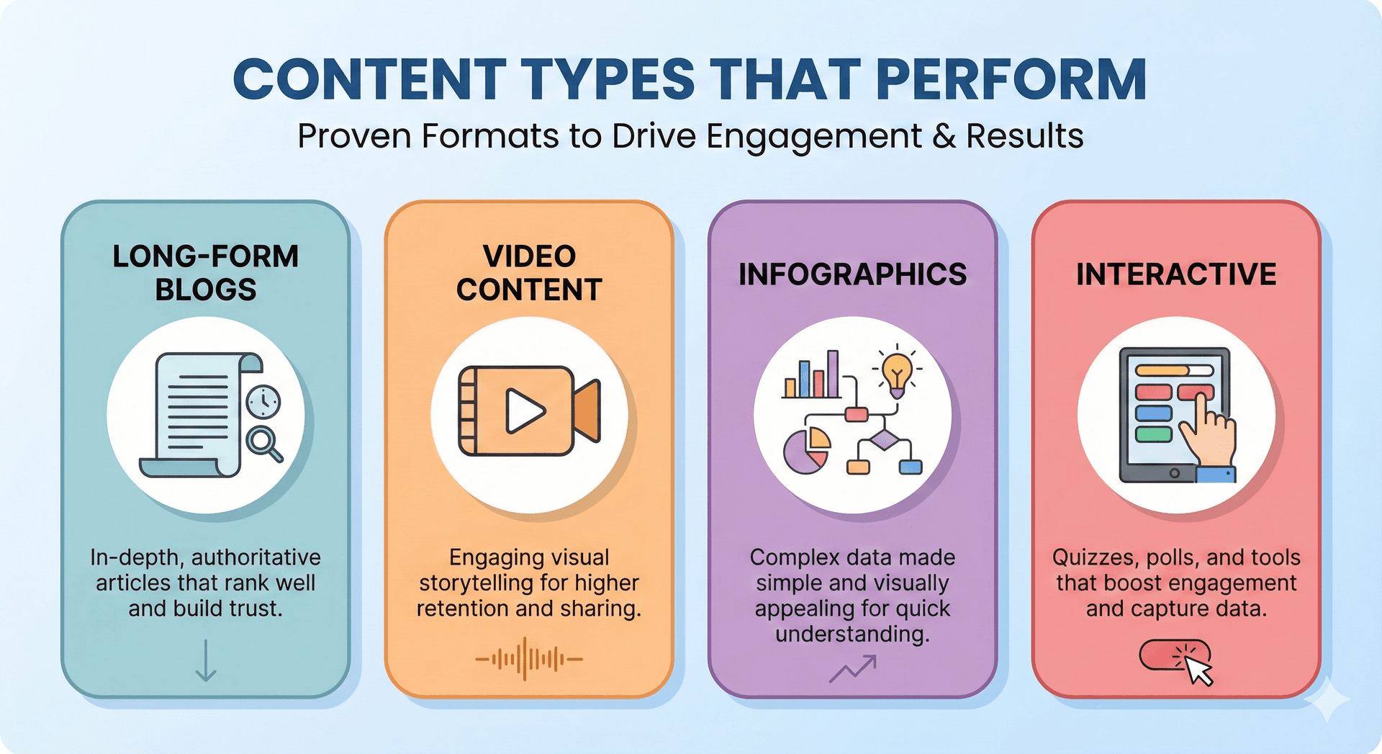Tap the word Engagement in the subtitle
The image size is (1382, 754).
[x=814, y=136]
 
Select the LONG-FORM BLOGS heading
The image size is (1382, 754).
[x=206, y=273]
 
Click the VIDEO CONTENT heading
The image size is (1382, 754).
[x=529, y=273]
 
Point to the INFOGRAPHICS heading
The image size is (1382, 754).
[x=852, y=274]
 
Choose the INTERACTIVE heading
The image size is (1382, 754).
[x=1176, y=274]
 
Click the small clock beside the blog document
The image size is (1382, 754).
[x=263, y=402]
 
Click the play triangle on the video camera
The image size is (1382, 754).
[x=524, y=411]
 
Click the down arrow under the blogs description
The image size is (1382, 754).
[x=206, y=660]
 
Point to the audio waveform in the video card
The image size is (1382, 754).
[x=529, y=658]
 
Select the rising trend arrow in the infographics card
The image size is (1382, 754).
[x=853, y=668]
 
